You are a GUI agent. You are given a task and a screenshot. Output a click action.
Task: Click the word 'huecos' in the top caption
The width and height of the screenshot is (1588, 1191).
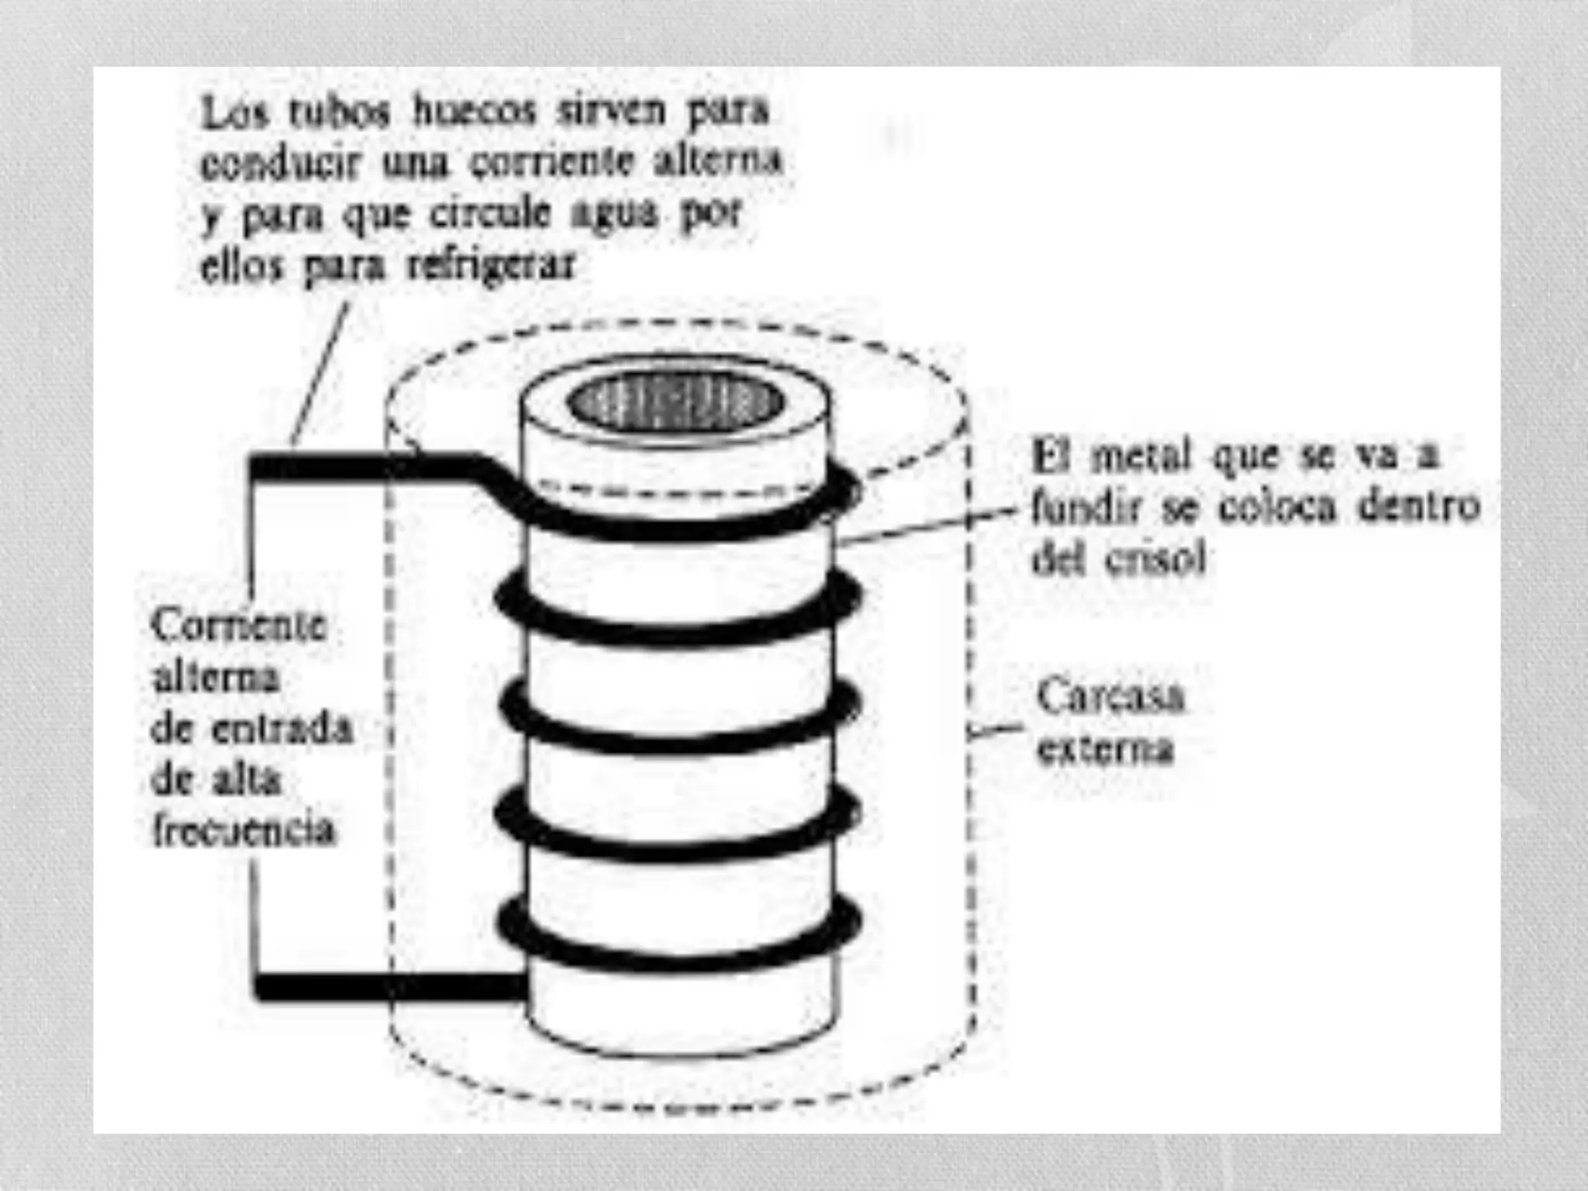tap(475, 111)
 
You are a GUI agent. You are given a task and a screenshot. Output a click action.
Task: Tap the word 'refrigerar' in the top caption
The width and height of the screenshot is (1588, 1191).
tap(492, 266)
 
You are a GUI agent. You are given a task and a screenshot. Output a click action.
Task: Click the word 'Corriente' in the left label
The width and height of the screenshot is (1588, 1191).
tap(239, 625)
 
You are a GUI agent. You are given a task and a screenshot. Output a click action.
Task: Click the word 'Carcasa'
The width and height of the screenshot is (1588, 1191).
tap(1110, 696)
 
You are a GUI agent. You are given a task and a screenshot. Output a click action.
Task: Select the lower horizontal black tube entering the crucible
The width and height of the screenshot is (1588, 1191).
tap(388, 986)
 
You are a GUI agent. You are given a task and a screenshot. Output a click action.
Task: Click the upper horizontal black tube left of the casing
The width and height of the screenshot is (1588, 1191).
tap(326, 468)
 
